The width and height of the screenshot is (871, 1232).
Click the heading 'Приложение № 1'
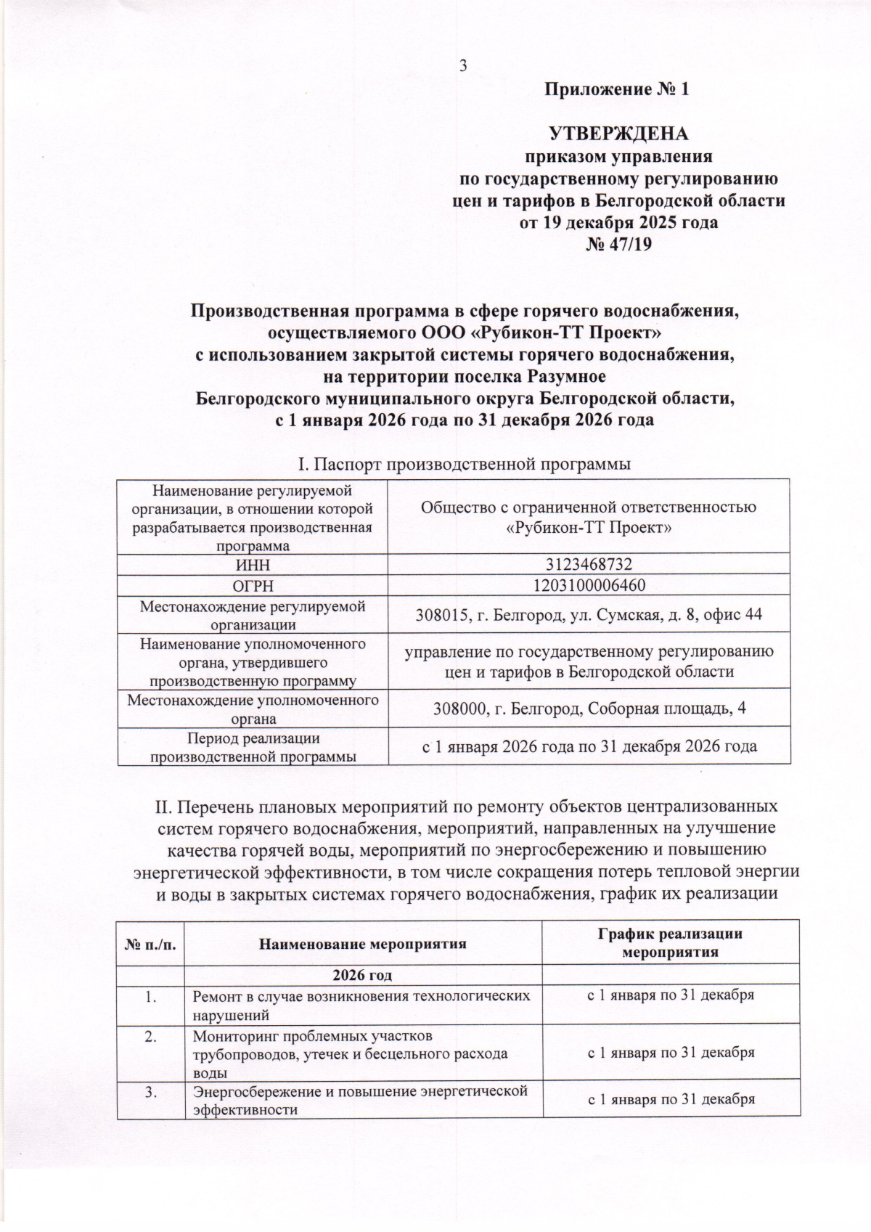617,90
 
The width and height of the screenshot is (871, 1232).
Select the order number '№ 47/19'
618,244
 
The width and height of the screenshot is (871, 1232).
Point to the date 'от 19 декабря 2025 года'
618,222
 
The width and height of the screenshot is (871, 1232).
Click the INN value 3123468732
589,563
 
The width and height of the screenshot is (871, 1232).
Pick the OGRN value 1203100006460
589,585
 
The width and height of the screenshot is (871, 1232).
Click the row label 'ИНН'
252,563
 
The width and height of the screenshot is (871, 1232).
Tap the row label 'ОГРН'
252,585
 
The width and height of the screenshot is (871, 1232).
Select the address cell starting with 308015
589,615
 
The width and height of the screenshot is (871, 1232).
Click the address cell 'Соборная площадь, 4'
589,708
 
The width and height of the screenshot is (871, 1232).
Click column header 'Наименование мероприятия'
362,945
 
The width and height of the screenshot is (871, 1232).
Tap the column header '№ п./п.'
150,945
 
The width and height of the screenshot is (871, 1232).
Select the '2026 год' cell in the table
362,974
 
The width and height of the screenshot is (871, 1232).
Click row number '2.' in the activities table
151,1037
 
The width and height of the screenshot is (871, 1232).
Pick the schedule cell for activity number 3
671,1099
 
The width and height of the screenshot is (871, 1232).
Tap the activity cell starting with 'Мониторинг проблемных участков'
362,1053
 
